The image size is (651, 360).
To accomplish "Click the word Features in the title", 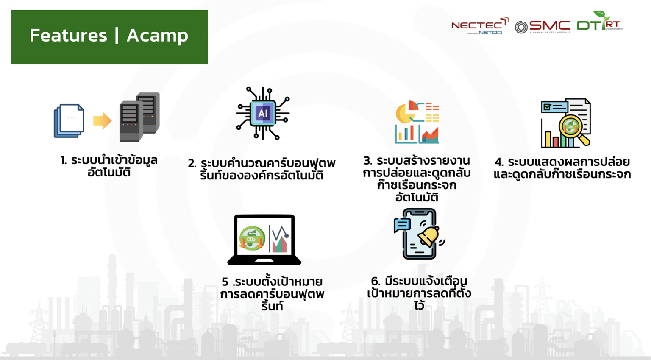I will tap(68, 35).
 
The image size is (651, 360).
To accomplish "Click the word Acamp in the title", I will tap(157, 36).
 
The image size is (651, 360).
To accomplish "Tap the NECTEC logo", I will tap(480, 26).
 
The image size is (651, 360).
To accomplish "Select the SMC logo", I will tap(543, 26).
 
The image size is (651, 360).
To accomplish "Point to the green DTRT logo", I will tap(599, 22).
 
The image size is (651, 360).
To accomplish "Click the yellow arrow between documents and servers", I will tap(102, 121).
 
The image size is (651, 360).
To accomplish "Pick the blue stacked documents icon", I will tap(69, 121).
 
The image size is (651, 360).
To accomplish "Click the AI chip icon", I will tap(263, 113).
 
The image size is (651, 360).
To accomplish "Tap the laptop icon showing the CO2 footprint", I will tap(264, 240).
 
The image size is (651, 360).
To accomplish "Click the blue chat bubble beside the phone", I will tap(402, 224).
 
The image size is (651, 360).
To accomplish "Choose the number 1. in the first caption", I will tap(64, 160).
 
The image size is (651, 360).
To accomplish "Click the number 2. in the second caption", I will tap(192, 163).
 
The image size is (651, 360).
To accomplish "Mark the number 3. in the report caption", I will tap(368, 161).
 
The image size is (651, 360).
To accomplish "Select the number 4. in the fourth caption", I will tap(499, 162).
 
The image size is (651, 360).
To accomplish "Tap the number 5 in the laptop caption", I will tap(225, 282).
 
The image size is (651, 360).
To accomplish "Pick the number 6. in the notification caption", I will tap(376, 281).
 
